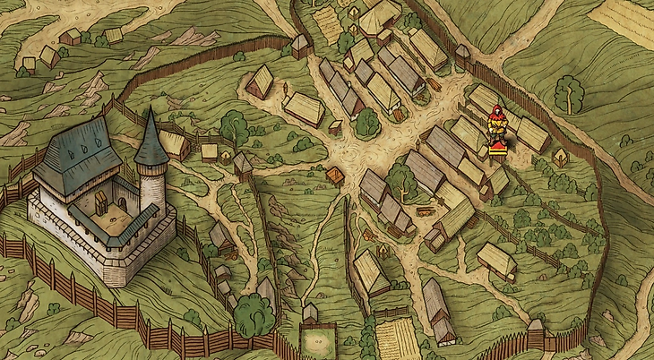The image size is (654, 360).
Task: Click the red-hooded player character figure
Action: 495,124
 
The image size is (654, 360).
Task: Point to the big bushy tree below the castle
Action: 254,313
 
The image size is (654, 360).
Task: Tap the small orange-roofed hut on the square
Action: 335,176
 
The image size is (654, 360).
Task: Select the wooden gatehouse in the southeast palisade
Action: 535,334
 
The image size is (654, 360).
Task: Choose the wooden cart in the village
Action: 425,212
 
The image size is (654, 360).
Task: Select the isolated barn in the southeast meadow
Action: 496,260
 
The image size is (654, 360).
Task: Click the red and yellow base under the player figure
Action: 495,148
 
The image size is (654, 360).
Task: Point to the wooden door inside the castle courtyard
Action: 102,201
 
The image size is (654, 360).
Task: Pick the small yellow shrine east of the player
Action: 560,158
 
